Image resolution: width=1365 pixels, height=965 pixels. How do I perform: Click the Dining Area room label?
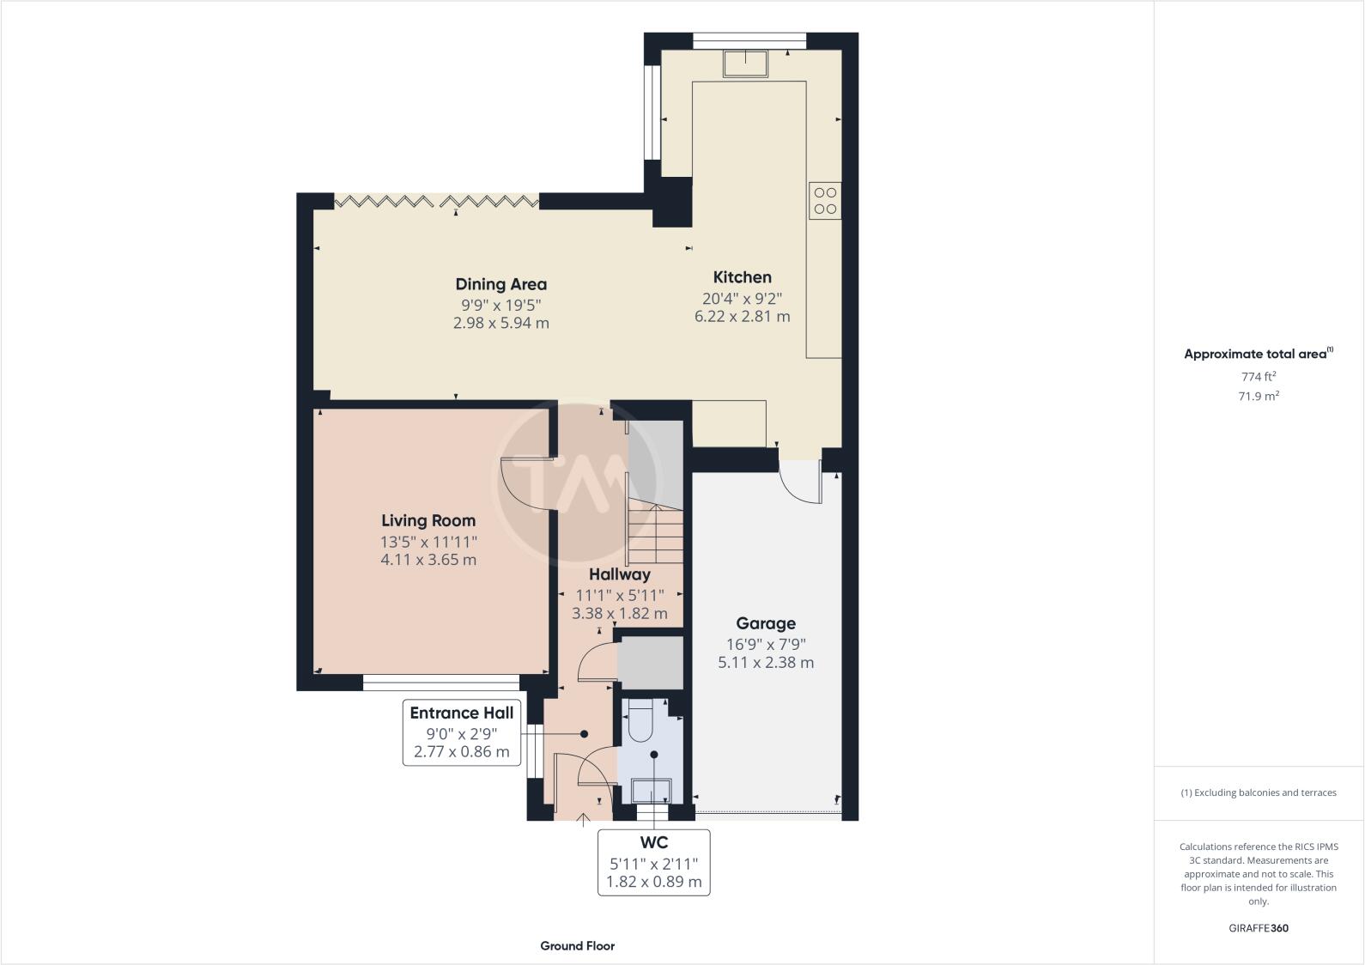(x=500, y=284)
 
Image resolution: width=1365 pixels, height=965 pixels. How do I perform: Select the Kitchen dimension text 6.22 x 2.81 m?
(x=742, y=316)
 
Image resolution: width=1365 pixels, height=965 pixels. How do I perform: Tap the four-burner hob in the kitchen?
(x=825, y=201)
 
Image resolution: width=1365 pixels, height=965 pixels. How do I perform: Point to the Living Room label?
(x=428, y=520)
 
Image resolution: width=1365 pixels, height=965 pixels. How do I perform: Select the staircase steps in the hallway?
(x=654, y=532)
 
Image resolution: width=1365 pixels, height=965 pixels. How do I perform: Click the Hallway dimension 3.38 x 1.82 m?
(x=619, y=614)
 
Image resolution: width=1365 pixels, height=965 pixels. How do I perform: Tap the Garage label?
(x=766, y=623)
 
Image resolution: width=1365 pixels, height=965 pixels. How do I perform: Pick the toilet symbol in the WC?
(x=640, y=721)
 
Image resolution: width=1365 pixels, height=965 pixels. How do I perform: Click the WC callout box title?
(x=653, y=843)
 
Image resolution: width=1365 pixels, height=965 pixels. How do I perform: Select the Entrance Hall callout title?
(x=461, y=713)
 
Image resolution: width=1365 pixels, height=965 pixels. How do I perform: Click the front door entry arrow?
(x=583, y=820)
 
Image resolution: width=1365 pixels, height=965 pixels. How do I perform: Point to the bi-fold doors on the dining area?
(x=436, y=201)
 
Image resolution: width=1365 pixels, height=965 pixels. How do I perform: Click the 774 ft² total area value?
(x=1259, y=376)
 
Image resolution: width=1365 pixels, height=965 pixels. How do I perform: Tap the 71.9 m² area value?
(x=1259, y=396)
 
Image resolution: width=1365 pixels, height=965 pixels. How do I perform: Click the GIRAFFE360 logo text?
(x=1259, y=928)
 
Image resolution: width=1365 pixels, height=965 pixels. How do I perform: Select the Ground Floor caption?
(x=577, y=946)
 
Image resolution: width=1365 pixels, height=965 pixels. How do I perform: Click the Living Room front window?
(x=441, y=683)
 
